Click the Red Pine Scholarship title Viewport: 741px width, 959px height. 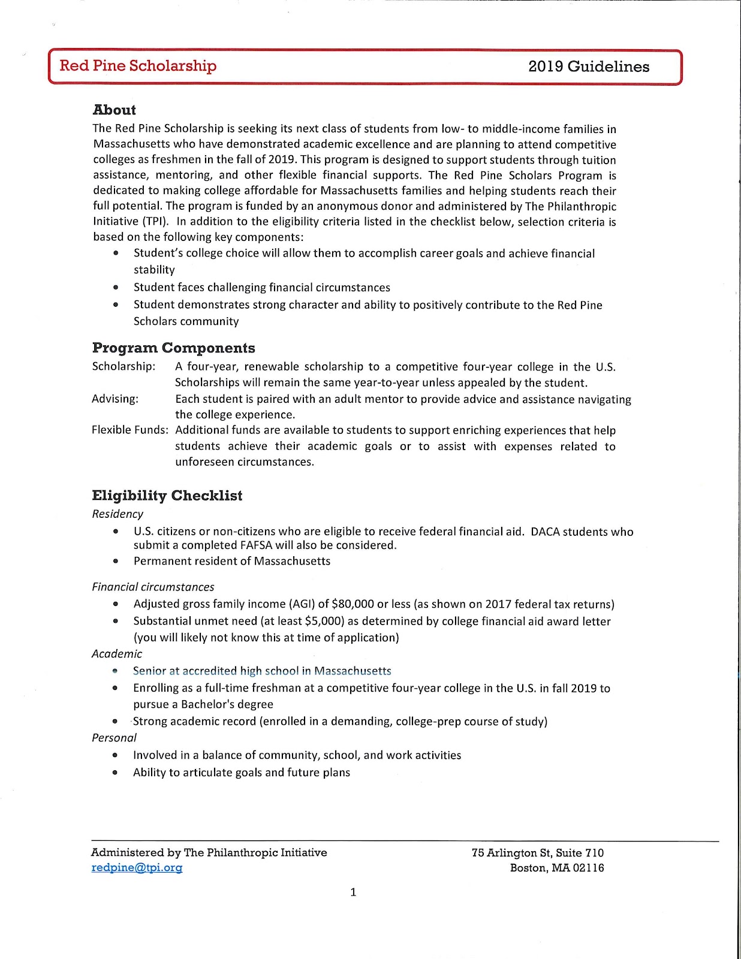point(138,66)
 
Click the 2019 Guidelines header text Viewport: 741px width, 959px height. point(588,67)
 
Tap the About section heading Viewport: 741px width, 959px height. point(114,110)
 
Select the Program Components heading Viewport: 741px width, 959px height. point(173,348)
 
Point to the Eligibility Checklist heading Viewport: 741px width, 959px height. point(167,496)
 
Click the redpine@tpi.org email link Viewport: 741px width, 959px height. point(137,867)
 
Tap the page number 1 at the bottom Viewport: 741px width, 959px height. point(353,892)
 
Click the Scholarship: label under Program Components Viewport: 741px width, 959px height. point(123,366)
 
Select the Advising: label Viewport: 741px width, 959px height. point(115,399)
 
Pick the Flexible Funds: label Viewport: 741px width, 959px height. point(130,430)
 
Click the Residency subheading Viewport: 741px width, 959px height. point(118,514)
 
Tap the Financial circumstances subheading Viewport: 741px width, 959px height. point(153,587)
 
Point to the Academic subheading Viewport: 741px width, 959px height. point(117,653)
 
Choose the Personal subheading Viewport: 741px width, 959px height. point(114,737)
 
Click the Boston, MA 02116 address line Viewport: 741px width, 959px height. point(557,867)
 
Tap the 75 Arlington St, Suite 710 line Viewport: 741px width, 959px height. point(538,852)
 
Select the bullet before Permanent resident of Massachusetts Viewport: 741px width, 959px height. point(116,562)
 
